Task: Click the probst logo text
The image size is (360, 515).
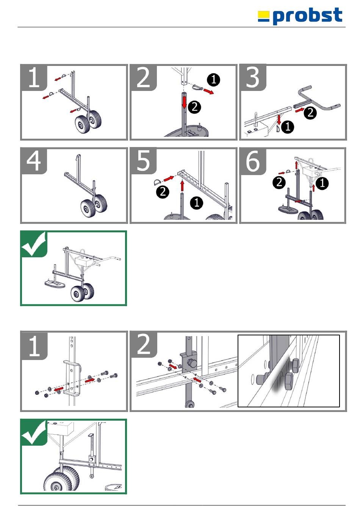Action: click(x=307, y=16)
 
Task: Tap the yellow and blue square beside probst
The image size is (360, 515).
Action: click(x=264, y=17)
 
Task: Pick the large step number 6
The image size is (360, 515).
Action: click(x=253, y=161)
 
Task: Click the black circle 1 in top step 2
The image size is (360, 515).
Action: click(x=213, y=80)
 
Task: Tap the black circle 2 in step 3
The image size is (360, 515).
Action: click(x=310, y=113)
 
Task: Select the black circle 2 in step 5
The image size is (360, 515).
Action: click(x=163, y=192)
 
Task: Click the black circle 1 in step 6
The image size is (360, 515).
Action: click(x=322, y=183)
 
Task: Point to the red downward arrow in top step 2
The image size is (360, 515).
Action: click(x=185, y=102)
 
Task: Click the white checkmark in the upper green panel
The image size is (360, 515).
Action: click(x=34, y=244)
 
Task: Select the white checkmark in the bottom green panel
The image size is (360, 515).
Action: click(x=34, y=432)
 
